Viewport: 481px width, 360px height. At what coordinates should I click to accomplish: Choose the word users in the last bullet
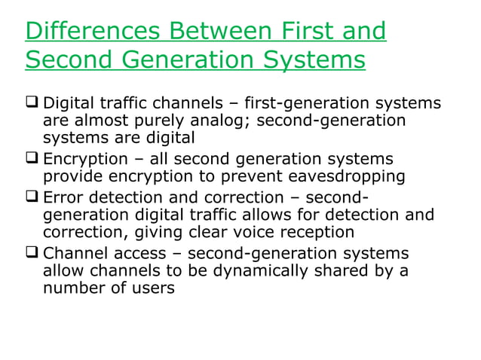click(152, 288)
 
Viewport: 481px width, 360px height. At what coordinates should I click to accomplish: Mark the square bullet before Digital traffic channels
click(32, 102)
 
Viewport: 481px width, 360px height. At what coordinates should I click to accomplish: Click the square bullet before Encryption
click(32, 159)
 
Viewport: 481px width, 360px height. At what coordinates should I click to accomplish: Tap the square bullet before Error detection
click(32, 197)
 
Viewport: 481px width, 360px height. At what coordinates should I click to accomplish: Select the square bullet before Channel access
click(32, 253)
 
